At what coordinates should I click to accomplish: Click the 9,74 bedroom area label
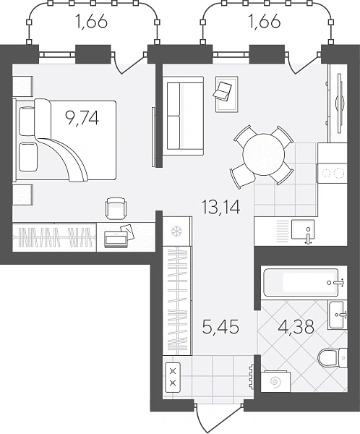[x=82, y=119]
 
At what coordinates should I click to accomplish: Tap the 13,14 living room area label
[x=220, y=208]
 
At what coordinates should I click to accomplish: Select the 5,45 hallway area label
[x=220, y=327]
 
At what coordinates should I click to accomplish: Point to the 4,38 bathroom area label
[x=296, y=327]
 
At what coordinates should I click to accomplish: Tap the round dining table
[x=264, y=155]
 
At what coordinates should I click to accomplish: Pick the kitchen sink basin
[x=303, y=229]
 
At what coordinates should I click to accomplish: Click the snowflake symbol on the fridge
[x=176, y=231]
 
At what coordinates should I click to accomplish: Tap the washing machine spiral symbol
[x=275, y=382]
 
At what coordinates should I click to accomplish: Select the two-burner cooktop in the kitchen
[x=332, y=174]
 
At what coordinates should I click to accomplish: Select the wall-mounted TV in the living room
[x=340, y=103]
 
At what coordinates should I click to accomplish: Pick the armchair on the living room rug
[x=223, y=90]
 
